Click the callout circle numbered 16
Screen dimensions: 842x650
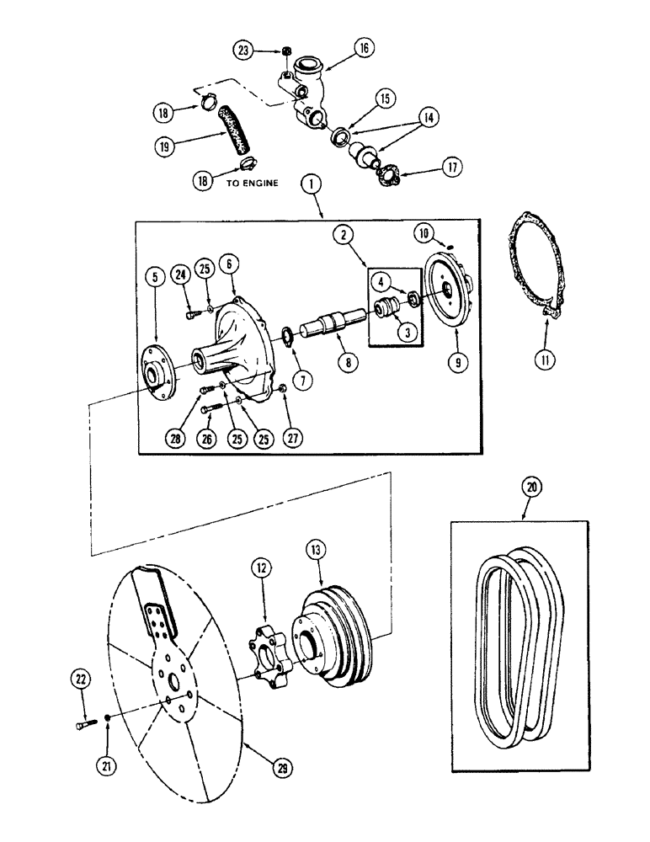(364, 49)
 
